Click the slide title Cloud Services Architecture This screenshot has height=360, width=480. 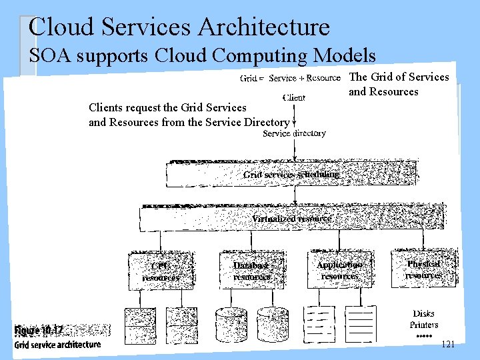click(x=179, y=27)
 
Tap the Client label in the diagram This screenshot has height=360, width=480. click(x=293, y=97)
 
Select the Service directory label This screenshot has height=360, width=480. click(x=294, y=133)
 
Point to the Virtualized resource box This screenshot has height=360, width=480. click(x=291, y=218)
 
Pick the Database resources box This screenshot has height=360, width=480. click(x=253, y=270)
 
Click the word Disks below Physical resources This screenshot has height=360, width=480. click(x=423, y=313)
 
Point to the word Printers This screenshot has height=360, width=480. click(x=424, y=325)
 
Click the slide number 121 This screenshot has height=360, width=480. click(x=448, y=344)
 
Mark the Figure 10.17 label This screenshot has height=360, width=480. click(x=39, y=330)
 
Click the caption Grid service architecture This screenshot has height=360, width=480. click(x=57, y=344)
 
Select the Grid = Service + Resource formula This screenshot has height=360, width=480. click(x=290, y=78)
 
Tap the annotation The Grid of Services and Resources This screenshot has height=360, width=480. click(x=399, y=84)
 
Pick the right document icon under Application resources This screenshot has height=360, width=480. click(x=361, y=323)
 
